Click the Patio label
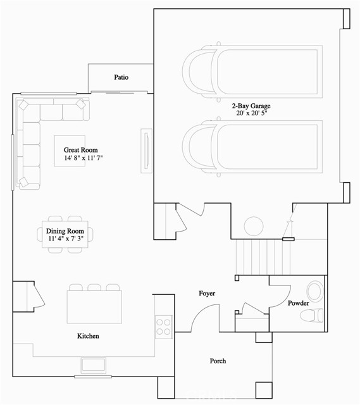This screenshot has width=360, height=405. tap(121, 77)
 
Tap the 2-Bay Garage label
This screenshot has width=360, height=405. tap(251, 106)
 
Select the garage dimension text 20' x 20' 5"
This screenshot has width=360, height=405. tap(251, 113)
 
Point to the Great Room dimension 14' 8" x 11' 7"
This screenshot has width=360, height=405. tap(84, 158)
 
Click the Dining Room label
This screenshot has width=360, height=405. tap(65, 231)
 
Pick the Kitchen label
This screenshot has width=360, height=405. tap(88, 336)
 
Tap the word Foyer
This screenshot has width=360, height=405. tap(207, 294)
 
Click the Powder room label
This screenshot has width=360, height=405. tap(298, 303)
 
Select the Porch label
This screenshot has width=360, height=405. tap(218, 361)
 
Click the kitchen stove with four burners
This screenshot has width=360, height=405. tap(164, 327)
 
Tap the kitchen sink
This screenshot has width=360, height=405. tap(94, 365)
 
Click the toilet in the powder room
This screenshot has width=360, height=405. tap(312, 315)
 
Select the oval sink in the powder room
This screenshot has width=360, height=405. tap(315, 292)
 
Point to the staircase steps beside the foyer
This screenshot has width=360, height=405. tap(263, 257)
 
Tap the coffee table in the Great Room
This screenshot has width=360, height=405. tap(70, 151)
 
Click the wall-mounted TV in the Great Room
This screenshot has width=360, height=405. tap(146, 151)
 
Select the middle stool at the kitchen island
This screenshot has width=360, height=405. tap(94, 287)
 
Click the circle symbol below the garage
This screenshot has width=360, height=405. tap(254, 226)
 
